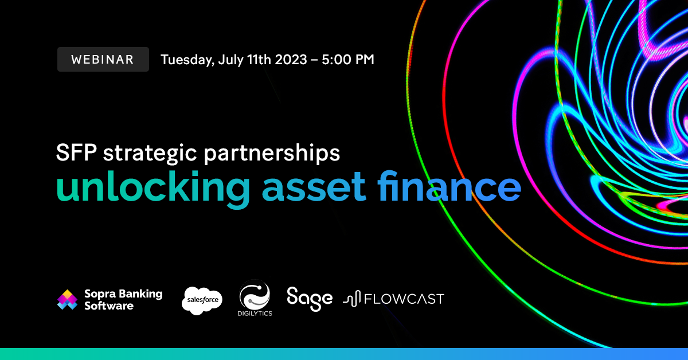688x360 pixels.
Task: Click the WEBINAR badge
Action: pos(103,59)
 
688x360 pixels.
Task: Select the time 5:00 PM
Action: pos(345,59)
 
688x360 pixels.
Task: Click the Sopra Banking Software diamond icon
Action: pos(68,299)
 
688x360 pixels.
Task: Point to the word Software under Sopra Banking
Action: pos(109,306)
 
